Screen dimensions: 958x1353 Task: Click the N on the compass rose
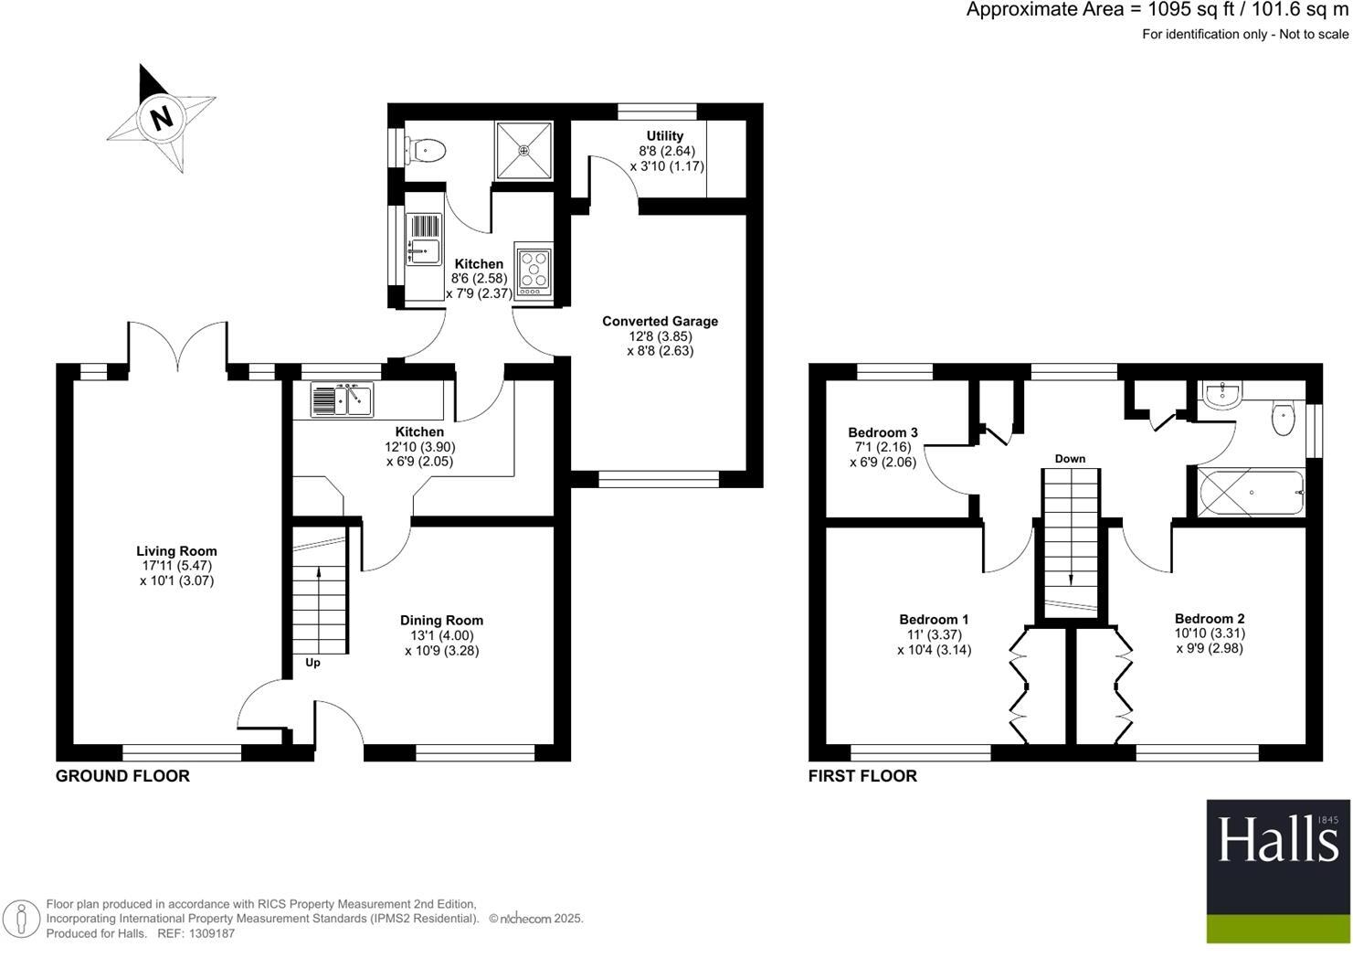click(x=162, y=118)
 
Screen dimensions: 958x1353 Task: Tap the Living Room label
click(x=176, y=551)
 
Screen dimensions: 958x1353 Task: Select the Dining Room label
click(x=441, y=621)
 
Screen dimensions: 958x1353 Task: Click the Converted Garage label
click(x=660, y=321)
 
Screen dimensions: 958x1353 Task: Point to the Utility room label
click(x=665, y=136)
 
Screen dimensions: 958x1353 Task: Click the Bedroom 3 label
click(x=883, y=432)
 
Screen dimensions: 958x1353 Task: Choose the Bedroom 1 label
click(x=934, y=619)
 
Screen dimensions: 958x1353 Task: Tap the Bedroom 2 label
click(x=1210, y=619)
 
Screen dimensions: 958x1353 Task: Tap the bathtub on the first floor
click(x=1251, y=493)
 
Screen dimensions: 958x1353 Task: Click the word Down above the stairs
click(x=1070, y=459)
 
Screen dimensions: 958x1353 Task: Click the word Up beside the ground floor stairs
click(x=312, y=663)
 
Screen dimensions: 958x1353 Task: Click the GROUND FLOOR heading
click(x=122, y=776)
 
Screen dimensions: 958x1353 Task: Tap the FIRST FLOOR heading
click(x=862, y=776)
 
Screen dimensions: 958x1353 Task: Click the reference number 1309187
click(x=209, y=933)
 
